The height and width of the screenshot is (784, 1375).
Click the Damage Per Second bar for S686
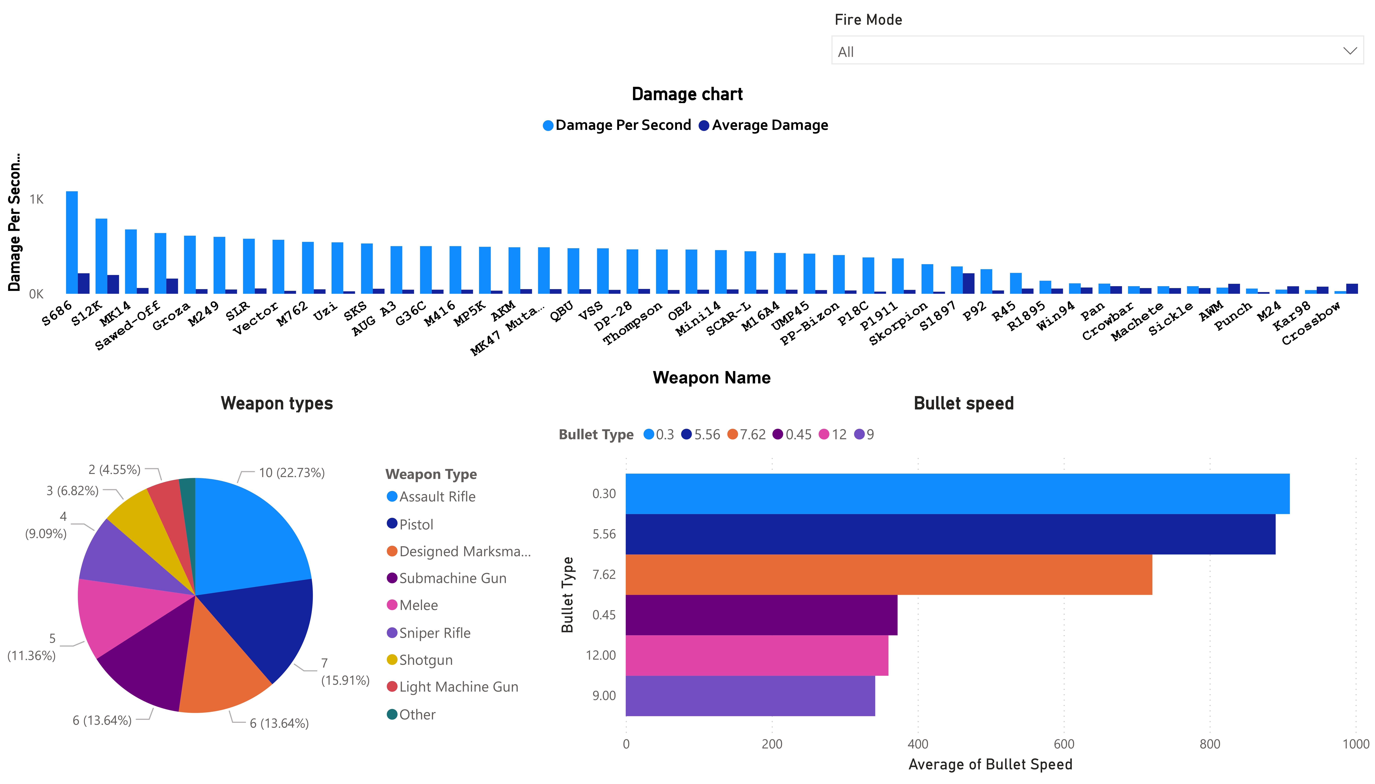72,242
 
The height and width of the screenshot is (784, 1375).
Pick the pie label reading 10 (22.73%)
291,473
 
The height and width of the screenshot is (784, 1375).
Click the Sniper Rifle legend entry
434,633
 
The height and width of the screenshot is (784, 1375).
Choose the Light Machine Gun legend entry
458,687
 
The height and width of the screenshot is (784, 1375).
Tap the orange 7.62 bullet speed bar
889,575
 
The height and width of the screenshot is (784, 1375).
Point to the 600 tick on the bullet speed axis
1064,744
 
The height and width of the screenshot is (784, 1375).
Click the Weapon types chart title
277,403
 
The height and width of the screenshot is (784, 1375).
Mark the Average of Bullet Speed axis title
990,765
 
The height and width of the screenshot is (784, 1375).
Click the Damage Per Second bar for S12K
101,256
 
